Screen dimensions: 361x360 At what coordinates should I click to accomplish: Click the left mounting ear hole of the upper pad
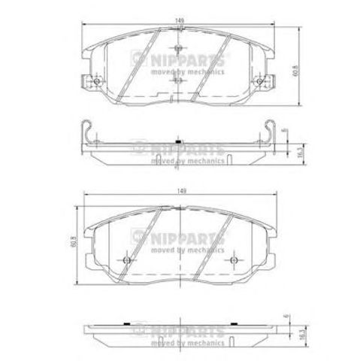(x=96, y=80)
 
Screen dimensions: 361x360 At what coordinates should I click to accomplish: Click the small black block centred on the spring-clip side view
(x=177, y=142)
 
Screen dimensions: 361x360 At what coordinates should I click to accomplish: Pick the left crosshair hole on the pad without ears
(x=126, y=260)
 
